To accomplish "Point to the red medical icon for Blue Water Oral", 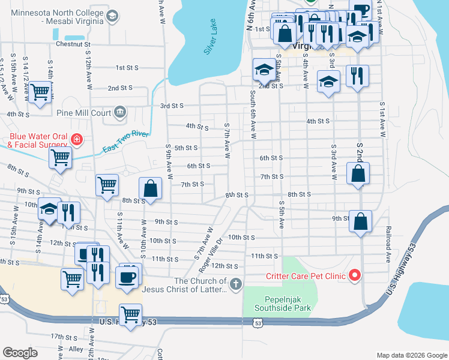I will pos(77,140).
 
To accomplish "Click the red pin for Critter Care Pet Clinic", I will pos(354,275).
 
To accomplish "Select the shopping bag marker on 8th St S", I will pos(151,188).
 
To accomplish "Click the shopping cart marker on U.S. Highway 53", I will pos(130,314).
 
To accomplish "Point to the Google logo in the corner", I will pos(20,353).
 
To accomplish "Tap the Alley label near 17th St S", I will pos(76,349).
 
